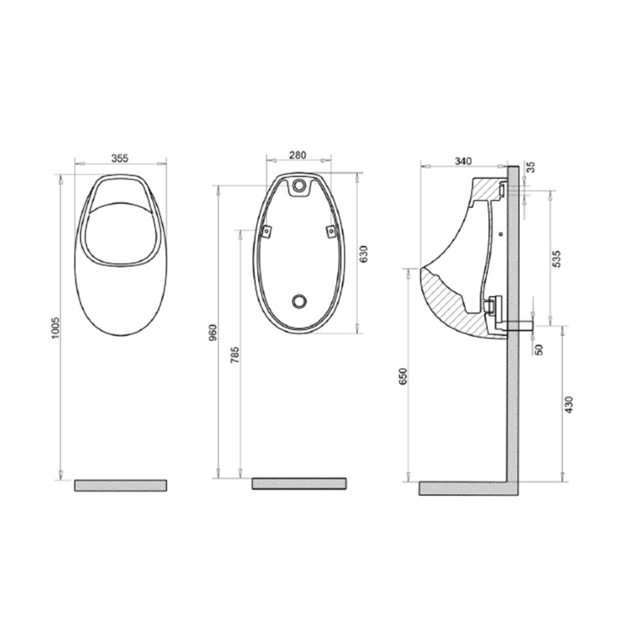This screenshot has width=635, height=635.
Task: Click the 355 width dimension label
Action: coord(120,158)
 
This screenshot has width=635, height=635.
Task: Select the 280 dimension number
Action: coord(297,155)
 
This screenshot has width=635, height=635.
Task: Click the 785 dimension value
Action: coord(235,355)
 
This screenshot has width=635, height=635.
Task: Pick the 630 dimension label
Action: coord(363,254)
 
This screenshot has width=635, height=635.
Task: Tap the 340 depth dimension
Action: coord(463,161)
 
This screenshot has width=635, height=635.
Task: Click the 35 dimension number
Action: coord(531,167)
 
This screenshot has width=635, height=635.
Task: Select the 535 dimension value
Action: coord(556,259)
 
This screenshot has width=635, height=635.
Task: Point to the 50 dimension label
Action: coord(539,350)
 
